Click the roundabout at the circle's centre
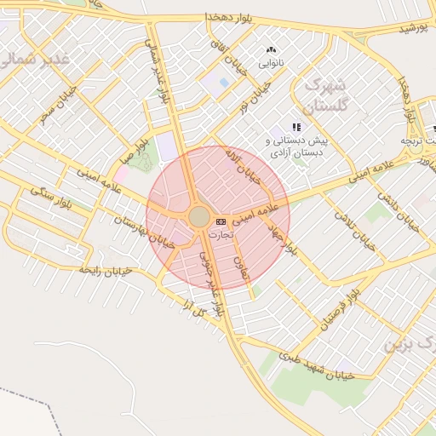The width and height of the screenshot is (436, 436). [x=199, y=217]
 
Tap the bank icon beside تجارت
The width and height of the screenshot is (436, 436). [x=221, y=221]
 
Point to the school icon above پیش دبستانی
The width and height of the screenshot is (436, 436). [x=296, y=127]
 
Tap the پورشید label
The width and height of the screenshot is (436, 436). [x=413, y=28]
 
